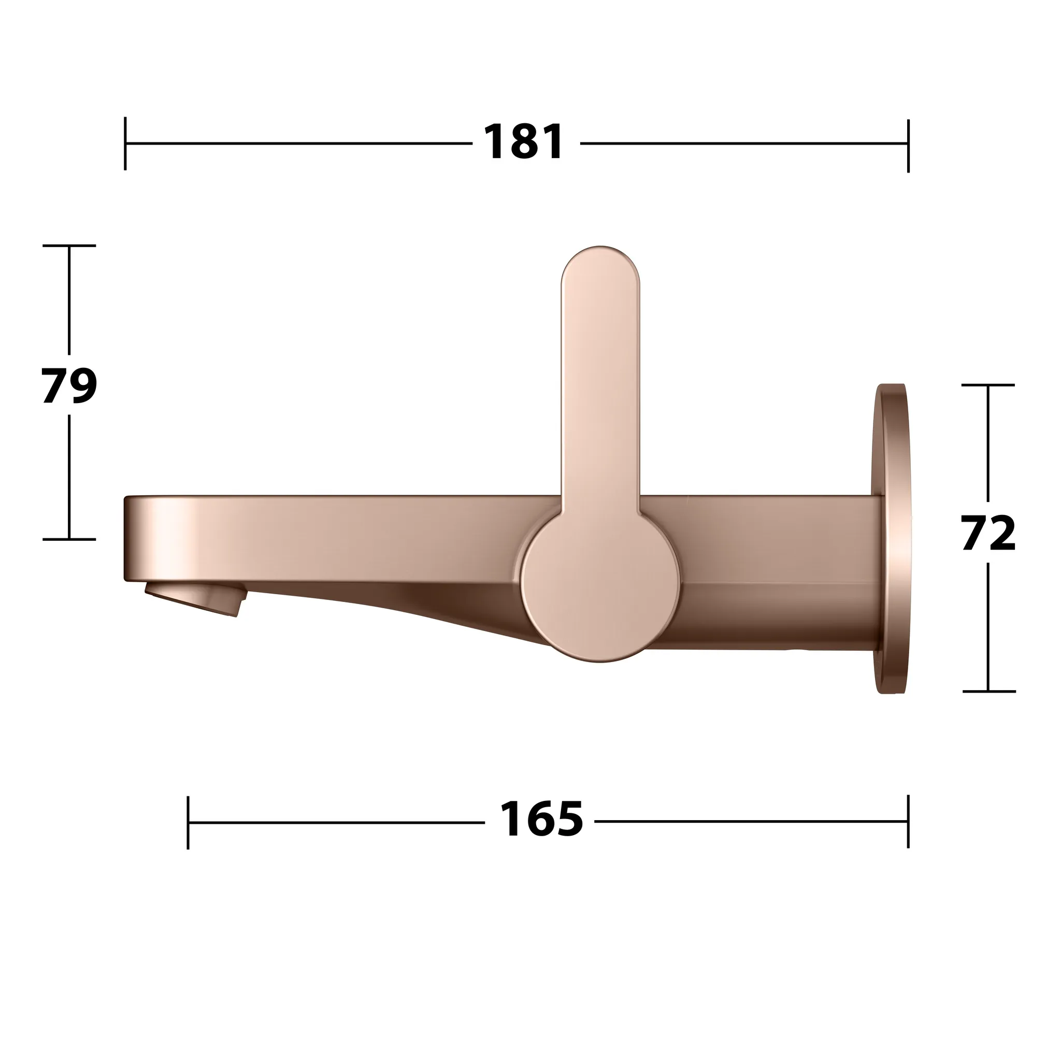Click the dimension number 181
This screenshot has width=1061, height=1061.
click(523, 143)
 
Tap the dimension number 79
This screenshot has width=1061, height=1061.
click(69, 385)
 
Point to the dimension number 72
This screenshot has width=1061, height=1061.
click(988, 533)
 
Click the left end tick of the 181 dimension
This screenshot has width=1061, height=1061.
click(125, 144)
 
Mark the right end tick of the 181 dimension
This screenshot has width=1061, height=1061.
click(908, 145)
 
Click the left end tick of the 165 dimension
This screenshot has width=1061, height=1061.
click(188, 822)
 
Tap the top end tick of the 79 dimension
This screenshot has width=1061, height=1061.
click(69, 246)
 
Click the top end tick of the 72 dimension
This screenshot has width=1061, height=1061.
click(988, 385)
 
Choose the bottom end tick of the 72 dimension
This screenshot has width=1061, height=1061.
click(988, 692)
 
